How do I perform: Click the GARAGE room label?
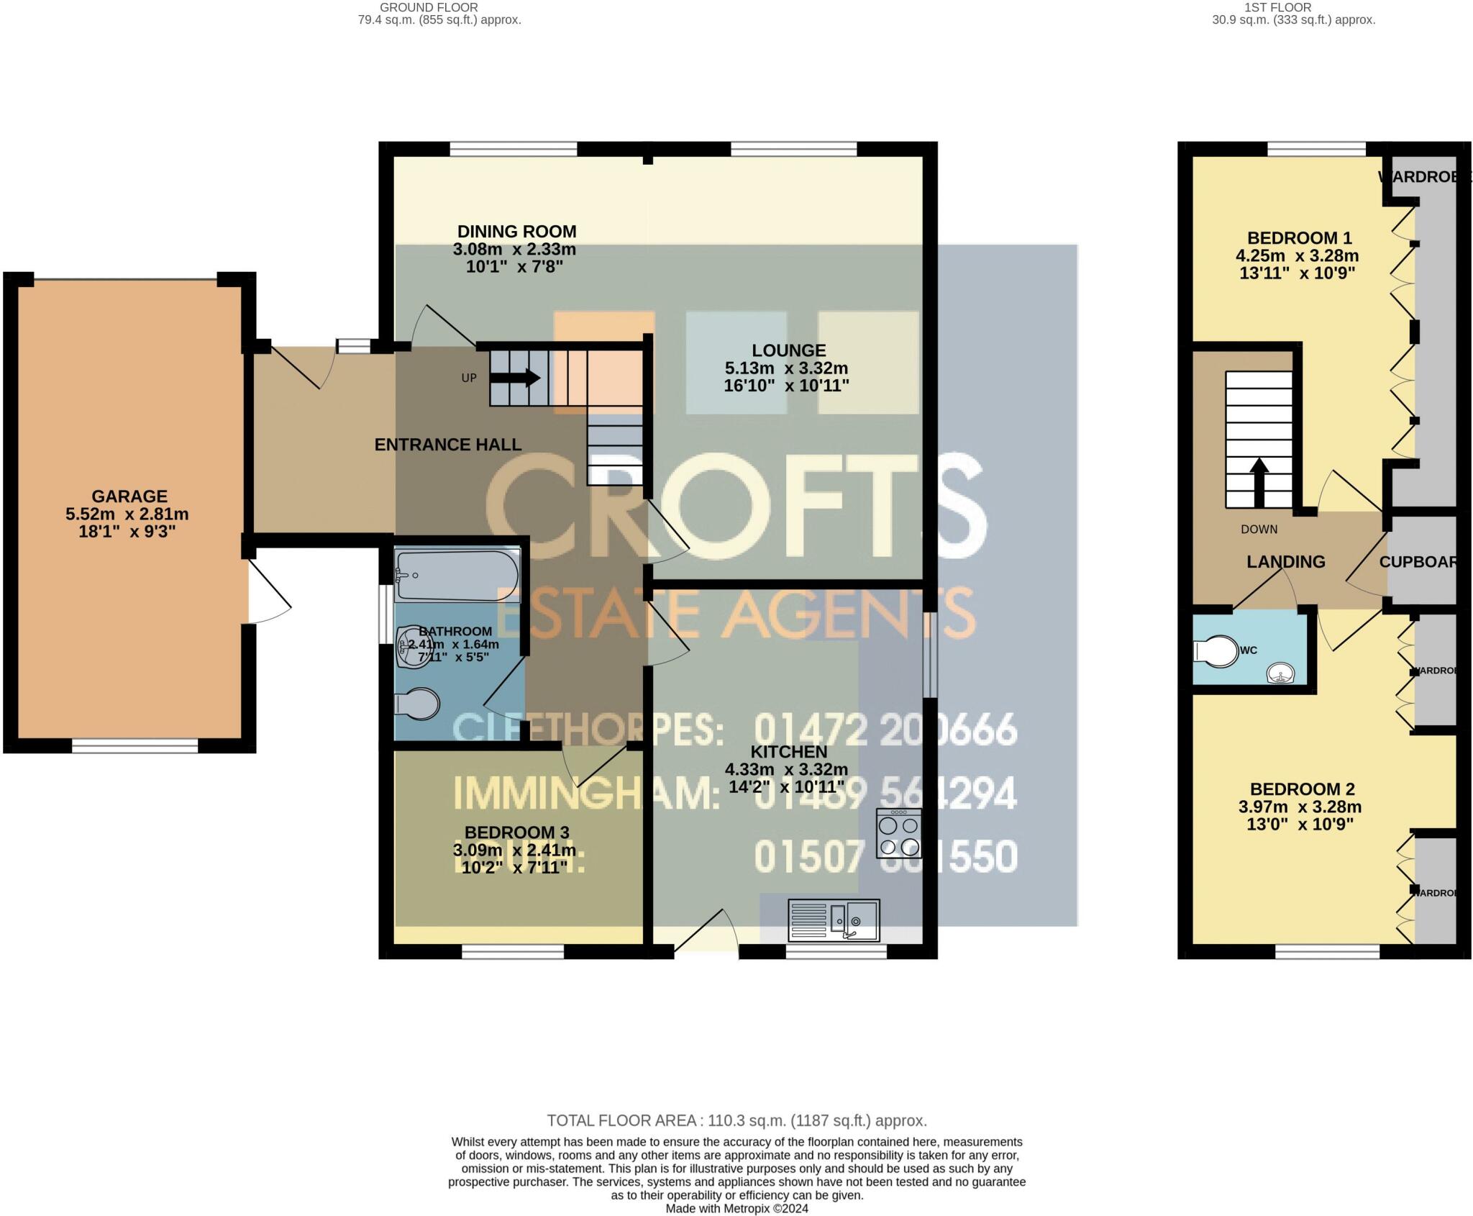pyautogui.click(x=129, y=496)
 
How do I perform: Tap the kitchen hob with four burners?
pyautogui.click(x=898, y=833)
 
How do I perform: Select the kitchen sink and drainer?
pyautogui.click(x=834, y=920)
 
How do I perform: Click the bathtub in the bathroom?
pyautogui.click(x=457, y=575)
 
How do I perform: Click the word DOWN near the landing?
pyautogui.click(x=1259, y=529)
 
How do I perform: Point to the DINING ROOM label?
pyautogui.click(x=516, y=232)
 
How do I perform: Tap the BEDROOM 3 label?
pyautogui.click(x=516, y=832)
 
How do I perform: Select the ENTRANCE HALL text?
pyautogui.click(x=447, y=445)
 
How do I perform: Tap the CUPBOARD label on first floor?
pyautogui.click(x=1418, y=562)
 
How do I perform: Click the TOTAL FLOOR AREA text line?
pyautogui.click(x=736, y=1120)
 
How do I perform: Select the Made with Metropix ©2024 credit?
pyautogui.click(x=736, y=1209)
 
